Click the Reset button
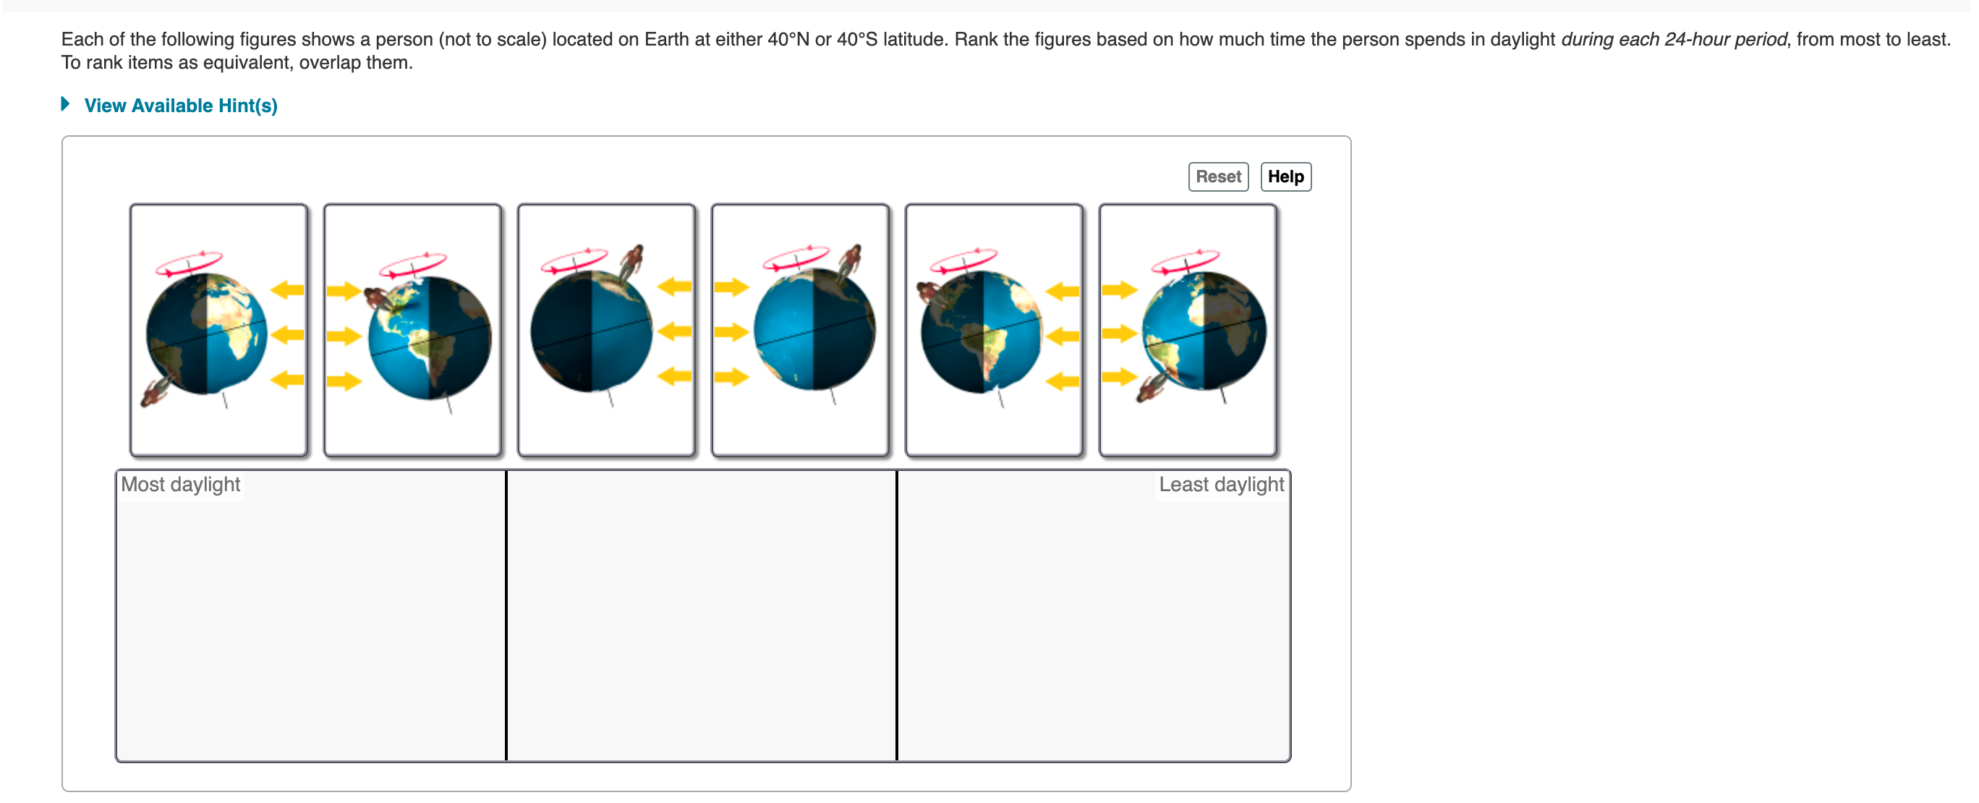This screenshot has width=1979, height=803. click(x=1217, y=177)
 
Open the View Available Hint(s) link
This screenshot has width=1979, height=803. click(x=181, y=106)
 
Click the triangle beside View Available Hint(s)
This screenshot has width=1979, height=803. click(x=65, y=103)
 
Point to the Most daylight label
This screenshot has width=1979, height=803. click(x=181, y=484)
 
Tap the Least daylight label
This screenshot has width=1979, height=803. click(x=1221, y=484)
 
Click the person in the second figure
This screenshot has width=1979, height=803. click(x=378, y=299)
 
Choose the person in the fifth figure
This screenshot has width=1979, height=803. click(x=928, y=293)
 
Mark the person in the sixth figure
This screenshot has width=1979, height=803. click(x=1152, y=385)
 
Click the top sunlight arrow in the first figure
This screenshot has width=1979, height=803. click(x=288, y=289)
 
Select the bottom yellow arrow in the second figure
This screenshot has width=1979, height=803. click(x=344, y=381)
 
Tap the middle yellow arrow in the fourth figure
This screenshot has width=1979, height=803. click(x=731, y=332)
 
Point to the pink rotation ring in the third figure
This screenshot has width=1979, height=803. click(x=574, y=260)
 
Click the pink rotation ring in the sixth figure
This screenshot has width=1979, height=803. click(x=1185, y=260)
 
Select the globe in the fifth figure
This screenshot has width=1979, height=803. click(x=982, y=333)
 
